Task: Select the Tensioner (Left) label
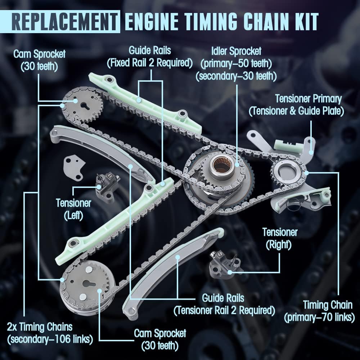coord(73,209)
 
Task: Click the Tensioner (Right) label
coord(280,239)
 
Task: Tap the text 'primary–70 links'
coord(319,317)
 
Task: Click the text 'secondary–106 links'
coord(50,339)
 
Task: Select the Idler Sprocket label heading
coord(236,51)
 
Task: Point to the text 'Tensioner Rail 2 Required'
coord(224,310)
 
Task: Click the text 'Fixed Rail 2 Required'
coord(150,63)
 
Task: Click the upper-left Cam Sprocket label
coord(40,60)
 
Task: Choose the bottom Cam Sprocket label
coord(160,339)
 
